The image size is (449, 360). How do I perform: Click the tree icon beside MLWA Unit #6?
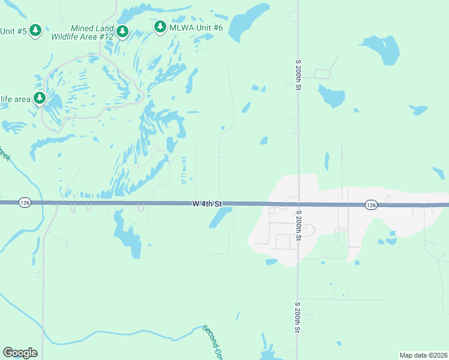(160, 26)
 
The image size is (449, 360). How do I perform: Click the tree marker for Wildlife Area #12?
(122, 30)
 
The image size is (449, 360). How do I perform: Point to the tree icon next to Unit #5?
(35, 29)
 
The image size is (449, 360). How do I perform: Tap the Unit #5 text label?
(13, 31)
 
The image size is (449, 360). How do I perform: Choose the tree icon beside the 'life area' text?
(40, 97)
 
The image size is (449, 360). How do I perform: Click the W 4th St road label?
(208, 204)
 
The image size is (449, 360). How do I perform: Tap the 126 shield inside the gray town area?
(371, 205)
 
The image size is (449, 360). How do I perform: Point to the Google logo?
(20, 353)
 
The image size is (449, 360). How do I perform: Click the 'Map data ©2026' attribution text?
(423, 355)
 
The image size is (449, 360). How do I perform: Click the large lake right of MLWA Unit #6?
(248, 22)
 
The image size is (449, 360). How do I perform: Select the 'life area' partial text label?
(13, 98)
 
